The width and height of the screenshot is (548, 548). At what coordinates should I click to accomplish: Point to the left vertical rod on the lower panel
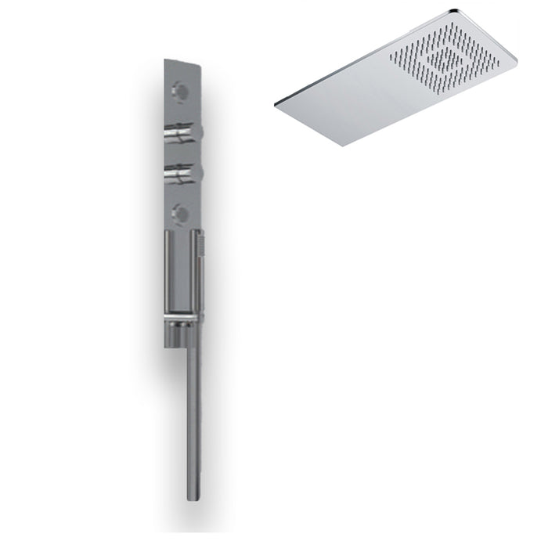click(168, 274)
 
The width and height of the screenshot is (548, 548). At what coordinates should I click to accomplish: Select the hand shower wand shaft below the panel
click(193, 415)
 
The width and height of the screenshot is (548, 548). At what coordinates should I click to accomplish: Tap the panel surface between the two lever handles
click(182, 154)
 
